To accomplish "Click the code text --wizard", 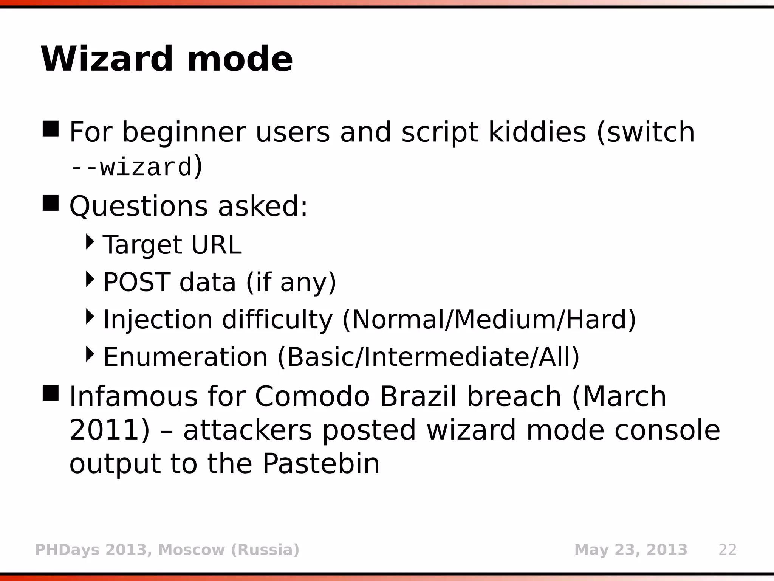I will [131, 168].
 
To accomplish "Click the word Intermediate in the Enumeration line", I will [446, 357].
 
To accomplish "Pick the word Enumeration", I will [185, 357].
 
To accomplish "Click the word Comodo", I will [312, 396].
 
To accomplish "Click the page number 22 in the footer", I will [728, 550].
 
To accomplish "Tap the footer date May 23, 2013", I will [630, 550].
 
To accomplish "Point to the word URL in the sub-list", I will [216, 245].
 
